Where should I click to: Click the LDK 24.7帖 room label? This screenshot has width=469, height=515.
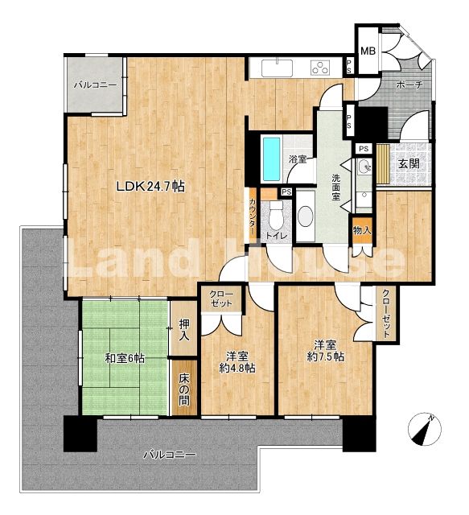(150, 187)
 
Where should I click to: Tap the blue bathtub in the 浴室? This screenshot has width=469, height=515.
(272, 159)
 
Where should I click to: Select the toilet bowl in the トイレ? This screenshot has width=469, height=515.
(276, 215)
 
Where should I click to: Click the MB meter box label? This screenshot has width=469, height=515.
(368, 51)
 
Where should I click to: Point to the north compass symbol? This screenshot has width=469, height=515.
(425, 429)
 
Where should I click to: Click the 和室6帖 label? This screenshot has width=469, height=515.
(125, 357)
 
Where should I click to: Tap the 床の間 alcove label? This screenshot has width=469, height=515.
(184, 389)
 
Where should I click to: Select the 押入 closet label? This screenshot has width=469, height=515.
(184, 330)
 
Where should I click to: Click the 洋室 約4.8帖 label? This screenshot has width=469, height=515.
(237, 361)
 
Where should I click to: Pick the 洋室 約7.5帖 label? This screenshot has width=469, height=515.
(326, 351)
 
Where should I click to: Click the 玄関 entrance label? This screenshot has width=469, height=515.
(409, 163)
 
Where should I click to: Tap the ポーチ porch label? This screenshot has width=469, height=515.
(409, 84)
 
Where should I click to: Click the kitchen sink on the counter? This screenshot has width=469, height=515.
(278, 68)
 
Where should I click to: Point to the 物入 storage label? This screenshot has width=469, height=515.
(362, 230)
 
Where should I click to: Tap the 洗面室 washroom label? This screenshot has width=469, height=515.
(335, 187)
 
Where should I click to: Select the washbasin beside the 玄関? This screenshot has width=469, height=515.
(364, 167)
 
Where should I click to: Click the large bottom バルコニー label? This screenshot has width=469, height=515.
(170, 455)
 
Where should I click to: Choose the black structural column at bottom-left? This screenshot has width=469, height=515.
(80, 434)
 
